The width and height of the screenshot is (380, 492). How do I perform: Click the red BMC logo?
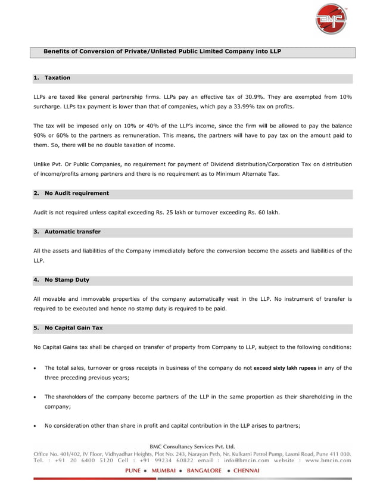tap(331, 19)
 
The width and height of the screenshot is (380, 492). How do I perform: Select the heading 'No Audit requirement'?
tap(77, 193)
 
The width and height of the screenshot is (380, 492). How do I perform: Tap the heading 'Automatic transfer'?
tap(73, 231)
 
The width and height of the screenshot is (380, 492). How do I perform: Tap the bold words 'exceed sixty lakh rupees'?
tap(284, 368)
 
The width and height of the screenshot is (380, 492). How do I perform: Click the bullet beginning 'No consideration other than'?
tap(172, 425)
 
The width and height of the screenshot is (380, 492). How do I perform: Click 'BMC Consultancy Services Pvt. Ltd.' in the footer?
tap(191, 446)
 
